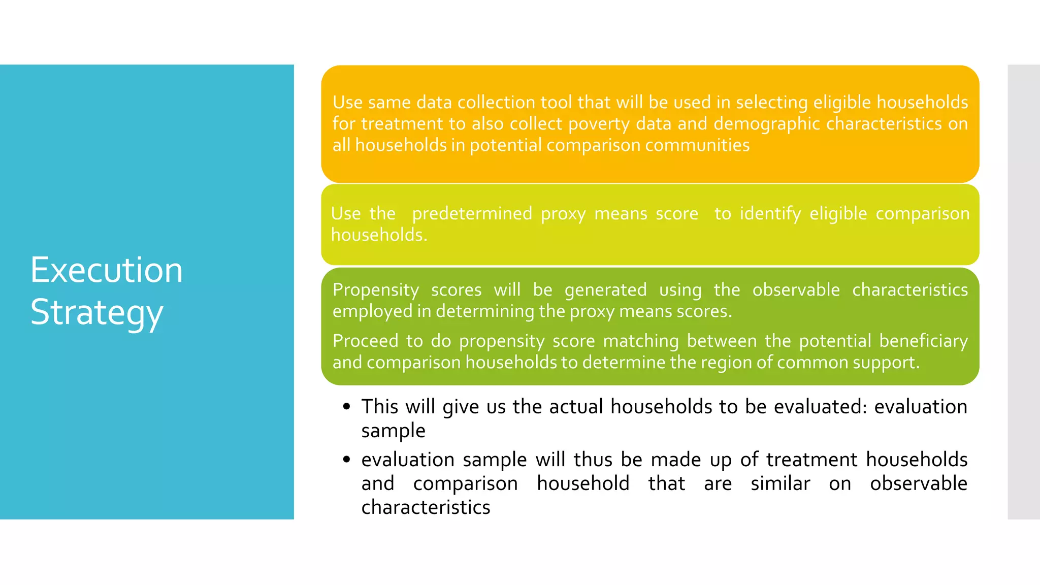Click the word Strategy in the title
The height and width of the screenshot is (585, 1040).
pos(96,313)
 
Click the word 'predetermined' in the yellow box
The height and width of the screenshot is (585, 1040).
pos(472,213)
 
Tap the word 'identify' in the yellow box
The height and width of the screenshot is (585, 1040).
pos(770,213)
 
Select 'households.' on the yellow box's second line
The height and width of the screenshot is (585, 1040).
pos(379,235)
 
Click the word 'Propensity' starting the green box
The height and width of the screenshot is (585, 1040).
pos(375,290)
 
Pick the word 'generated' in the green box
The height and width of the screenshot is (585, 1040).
pos(605,290)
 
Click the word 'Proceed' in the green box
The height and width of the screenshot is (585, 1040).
pos(365,341)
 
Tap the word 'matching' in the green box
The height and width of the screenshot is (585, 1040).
pos(640,341)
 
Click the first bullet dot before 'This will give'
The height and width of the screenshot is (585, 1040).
pos(347,406)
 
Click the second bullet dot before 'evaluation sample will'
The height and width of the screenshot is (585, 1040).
pos(347,460)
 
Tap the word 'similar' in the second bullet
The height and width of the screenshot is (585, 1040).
pos(780,483)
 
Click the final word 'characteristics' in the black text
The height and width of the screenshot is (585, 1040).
pos(426,507)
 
